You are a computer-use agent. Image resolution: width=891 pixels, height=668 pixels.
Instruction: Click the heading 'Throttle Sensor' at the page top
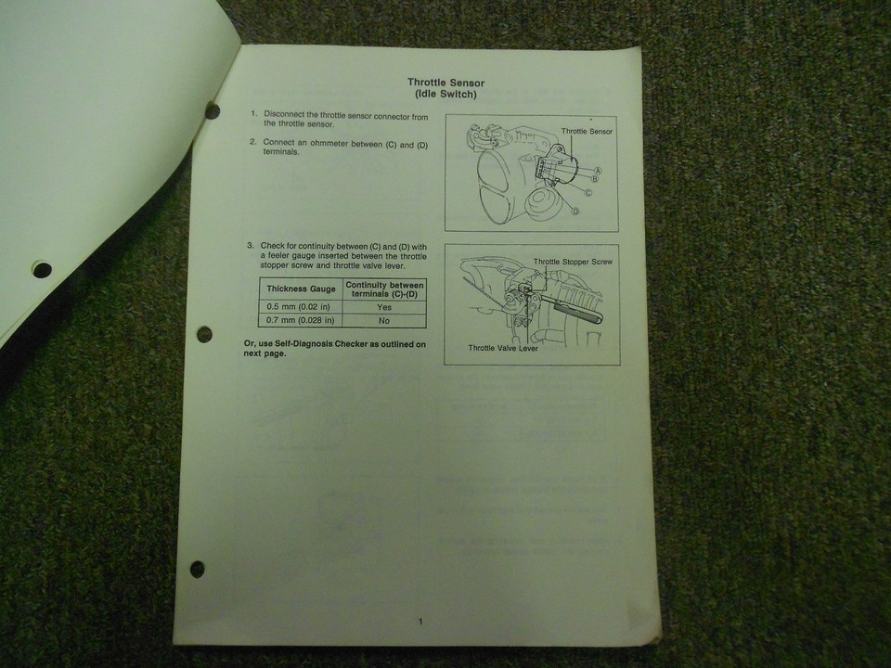(445, 83)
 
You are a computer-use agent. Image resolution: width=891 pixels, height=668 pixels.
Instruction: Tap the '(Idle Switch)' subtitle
(446, 95)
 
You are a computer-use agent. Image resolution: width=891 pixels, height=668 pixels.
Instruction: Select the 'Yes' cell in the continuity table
(384, 307)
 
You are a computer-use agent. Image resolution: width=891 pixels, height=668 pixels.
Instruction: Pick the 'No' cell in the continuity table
(384, 320)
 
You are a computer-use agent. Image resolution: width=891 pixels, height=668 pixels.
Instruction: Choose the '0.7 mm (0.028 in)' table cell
(300, 320)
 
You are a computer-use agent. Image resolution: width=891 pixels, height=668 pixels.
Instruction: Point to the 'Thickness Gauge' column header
(301, 289)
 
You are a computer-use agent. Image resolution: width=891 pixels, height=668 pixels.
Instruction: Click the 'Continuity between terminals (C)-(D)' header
(384, 289)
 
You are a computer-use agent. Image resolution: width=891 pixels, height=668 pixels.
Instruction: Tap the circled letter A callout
(598, 171)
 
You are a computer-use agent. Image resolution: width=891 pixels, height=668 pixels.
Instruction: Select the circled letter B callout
(595, 179)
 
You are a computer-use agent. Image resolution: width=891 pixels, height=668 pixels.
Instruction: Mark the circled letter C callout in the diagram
(588, 193)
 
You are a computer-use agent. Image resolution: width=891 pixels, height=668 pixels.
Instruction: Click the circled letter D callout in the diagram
(575, 212)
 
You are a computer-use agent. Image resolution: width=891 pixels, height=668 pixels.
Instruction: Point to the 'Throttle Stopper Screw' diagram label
(573, 262)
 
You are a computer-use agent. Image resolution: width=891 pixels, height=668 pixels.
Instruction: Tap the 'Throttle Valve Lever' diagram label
(503, 348)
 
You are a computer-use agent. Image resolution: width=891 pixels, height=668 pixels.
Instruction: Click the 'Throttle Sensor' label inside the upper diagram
(587, 131)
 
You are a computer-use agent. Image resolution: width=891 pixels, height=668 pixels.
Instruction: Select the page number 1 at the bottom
(420, 622)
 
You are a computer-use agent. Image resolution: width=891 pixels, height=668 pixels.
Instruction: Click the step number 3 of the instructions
(250, 246)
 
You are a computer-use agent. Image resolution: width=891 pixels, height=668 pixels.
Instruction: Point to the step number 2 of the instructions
(252, 141)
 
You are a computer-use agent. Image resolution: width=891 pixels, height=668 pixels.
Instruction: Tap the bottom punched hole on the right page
(197, 569)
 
